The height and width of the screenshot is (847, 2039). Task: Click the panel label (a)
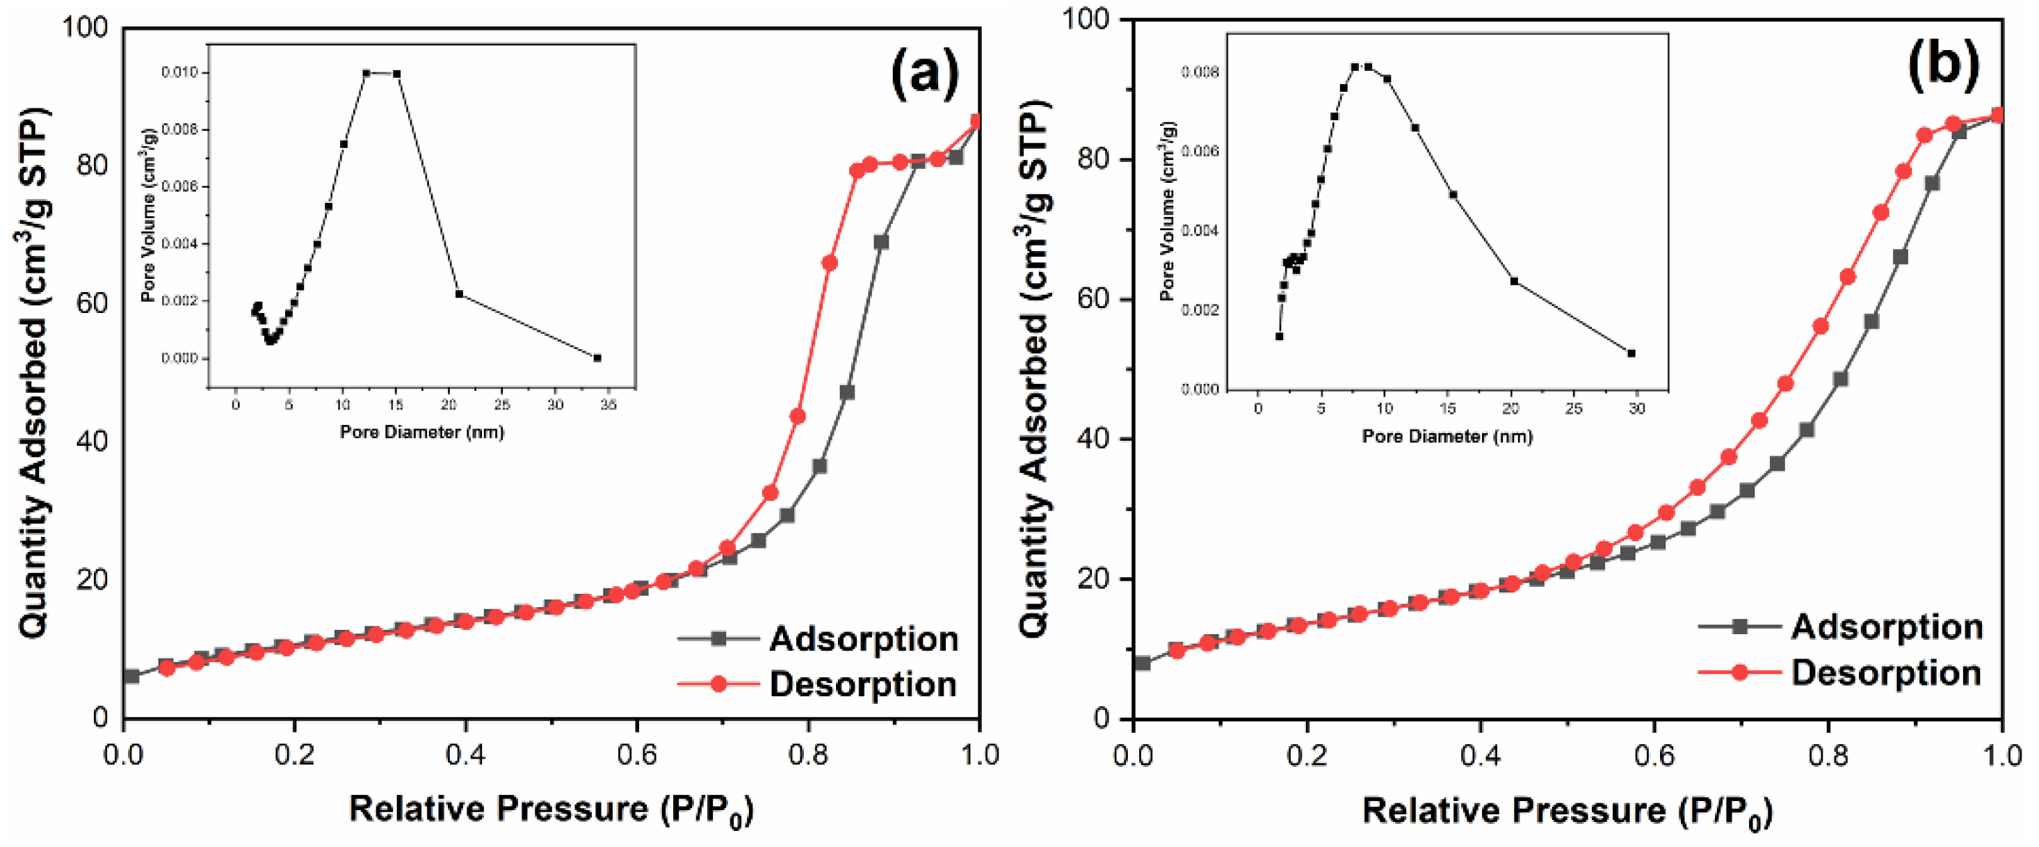924,74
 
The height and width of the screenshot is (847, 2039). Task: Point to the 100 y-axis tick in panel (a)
85,28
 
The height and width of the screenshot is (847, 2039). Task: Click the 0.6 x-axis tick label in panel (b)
1654,756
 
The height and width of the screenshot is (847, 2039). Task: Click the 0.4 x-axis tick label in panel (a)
465,755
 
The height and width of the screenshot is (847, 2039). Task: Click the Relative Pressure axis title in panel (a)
551,809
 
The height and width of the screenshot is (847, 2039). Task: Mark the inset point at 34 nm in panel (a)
597,358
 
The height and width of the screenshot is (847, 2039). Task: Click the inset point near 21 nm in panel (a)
458,293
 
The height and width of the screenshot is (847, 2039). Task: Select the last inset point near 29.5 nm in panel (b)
1631,353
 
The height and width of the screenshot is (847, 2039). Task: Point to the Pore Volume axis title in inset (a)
148,216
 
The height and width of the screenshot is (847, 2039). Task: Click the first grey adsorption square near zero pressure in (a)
132,676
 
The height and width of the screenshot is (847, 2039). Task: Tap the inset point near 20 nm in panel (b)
1514,281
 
